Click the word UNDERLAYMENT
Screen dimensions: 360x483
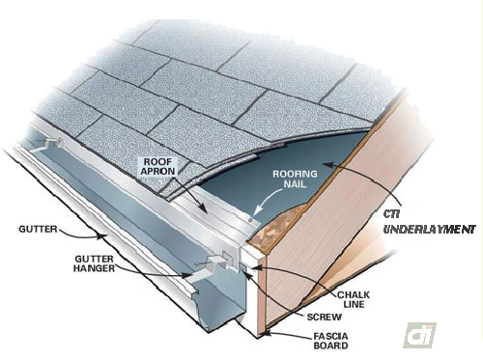[430, 230]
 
